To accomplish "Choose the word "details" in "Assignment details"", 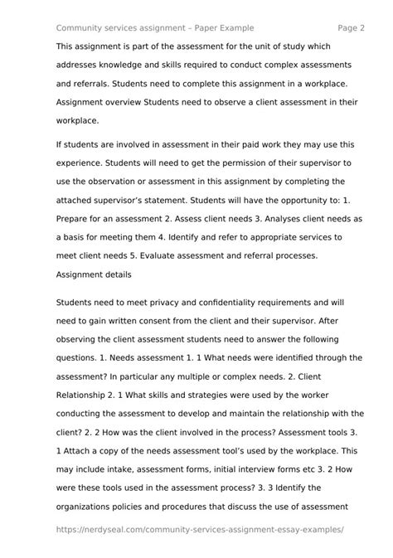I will click(121, 277).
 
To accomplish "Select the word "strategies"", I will click(206, 395).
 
